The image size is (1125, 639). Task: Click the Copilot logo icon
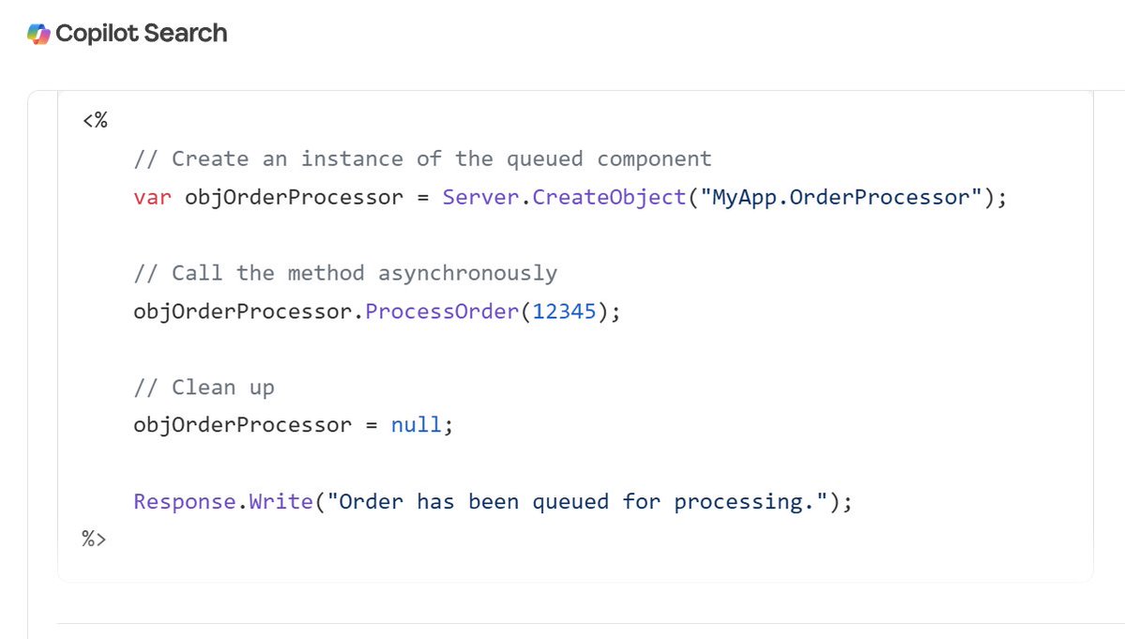coord(39,33)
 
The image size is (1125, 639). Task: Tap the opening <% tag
coord(95,120)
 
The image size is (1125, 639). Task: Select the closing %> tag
coord(95,540)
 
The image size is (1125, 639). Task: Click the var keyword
coord(152,197)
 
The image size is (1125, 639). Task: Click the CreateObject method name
coord(609,197)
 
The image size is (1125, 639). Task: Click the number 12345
coord(564,312)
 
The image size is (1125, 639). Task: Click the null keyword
coord(416,425)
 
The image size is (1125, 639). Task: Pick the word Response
coord(185,501)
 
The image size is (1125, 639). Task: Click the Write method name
coord(281,501)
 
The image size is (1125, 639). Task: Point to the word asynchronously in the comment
coord(467,273)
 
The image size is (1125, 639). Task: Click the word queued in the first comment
coord(544,159)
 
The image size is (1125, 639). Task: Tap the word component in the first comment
coord(654,159)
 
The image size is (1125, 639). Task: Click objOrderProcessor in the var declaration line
coord(294,197)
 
